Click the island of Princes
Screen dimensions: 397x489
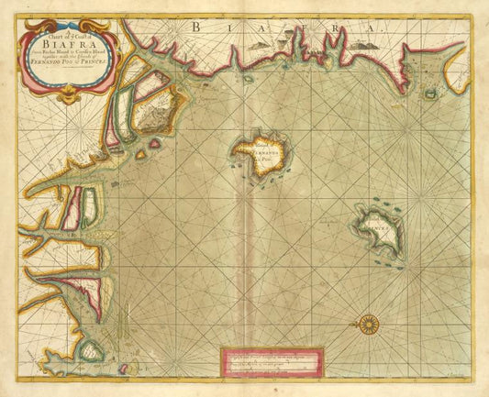[380, 229]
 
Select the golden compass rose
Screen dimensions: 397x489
[369, 322]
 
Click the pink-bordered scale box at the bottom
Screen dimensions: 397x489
[272, 361]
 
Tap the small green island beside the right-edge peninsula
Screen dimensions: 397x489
[430, 93]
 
